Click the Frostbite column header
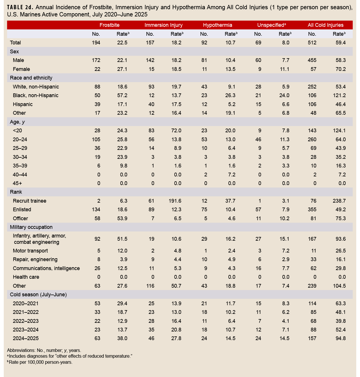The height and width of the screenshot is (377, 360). (x=109, y=25)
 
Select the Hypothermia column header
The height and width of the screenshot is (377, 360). (x=217, y=25)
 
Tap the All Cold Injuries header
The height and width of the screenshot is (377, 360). (x=325, y=25)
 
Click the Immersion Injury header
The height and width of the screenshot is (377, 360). (x=163, y=25)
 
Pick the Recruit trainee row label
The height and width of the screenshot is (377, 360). (x=29, y=201)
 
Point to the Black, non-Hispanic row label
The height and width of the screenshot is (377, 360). (x=35, y=95)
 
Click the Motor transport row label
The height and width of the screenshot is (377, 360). (x=30, y=251)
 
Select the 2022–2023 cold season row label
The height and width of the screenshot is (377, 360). (x=26, y=321)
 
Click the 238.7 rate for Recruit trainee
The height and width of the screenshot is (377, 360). (x=339, y=201)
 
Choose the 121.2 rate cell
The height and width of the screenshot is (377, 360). (x=339, y=95)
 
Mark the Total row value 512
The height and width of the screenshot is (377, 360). (x=312, y=43)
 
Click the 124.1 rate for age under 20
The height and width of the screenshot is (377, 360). (x=339, y=131)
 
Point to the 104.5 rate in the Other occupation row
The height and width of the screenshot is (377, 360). (x=339, y=286)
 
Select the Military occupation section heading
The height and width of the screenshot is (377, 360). (x=31, y=227)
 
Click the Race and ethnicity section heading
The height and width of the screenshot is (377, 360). (x=31, y=78)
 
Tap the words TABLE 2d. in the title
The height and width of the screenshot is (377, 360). (x=19, y=7)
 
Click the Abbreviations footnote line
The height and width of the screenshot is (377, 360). (x=44, y=350)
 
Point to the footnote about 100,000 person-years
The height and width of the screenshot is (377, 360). (x=40, y=362)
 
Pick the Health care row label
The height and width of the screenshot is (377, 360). (x=26, y=277)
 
